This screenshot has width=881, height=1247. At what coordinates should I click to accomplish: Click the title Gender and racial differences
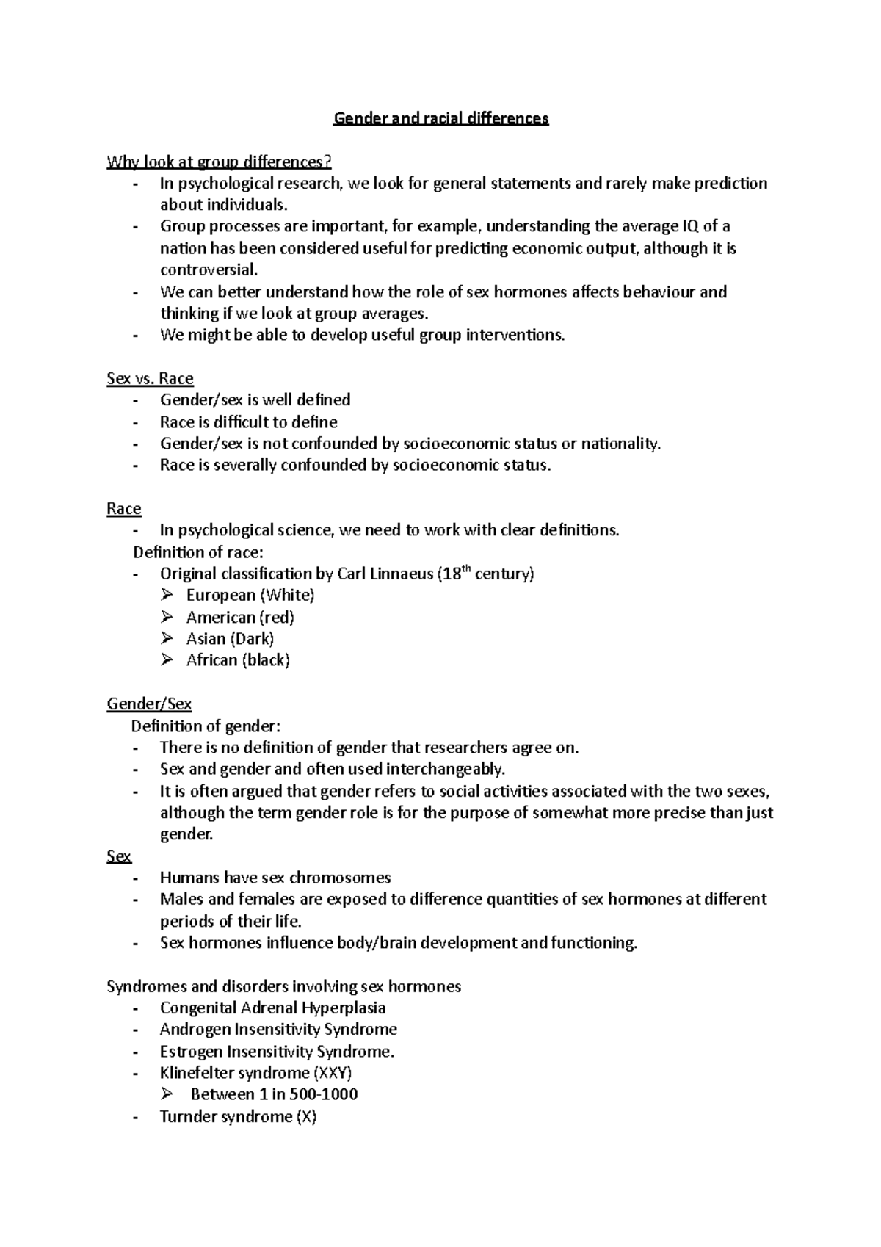(440, 118)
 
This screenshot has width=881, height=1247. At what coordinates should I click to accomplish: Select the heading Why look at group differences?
(214, 162)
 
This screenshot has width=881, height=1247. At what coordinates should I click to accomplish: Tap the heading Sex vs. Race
(150, 379)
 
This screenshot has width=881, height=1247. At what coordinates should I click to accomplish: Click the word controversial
(209, 270)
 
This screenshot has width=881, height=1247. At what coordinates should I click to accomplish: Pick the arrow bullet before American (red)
(167, 617)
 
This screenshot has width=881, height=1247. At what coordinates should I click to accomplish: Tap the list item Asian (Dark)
(230, 639)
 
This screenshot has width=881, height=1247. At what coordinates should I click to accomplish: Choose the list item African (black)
(238, 660)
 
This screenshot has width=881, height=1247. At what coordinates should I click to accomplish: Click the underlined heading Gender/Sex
(149, 704)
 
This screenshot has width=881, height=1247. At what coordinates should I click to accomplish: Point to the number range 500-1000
(323, 1095)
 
